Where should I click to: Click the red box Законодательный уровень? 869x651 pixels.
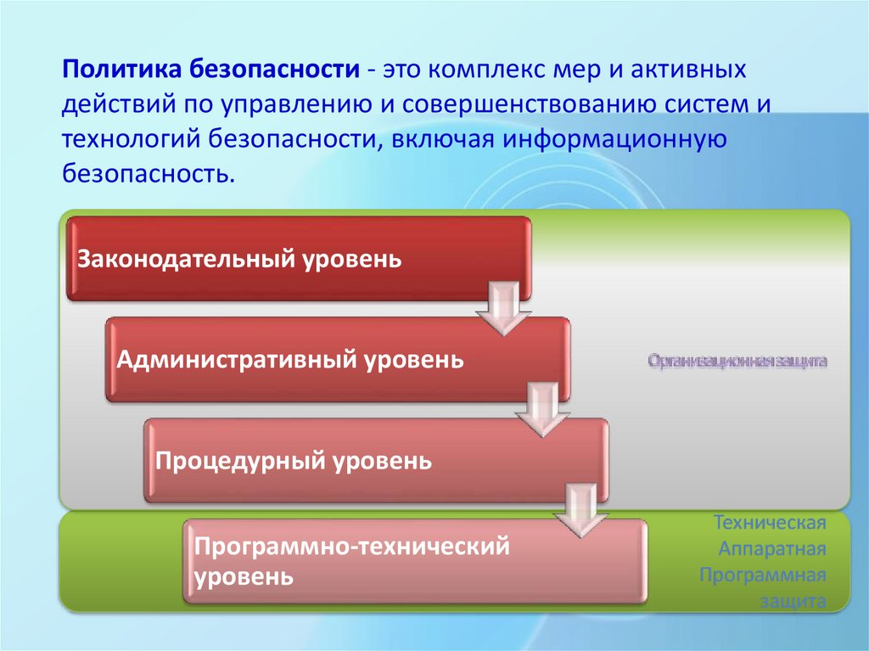point(299,258)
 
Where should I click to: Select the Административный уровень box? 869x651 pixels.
point(337,359)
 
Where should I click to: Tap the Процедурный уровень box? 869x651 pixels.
point(376,461)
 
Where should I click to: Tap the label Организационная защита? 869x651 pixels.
point(737,361)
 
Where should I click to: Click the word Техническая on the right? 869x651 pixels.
point(770,520)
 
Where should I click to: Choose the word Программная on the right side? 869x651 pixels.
point(763,575)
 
